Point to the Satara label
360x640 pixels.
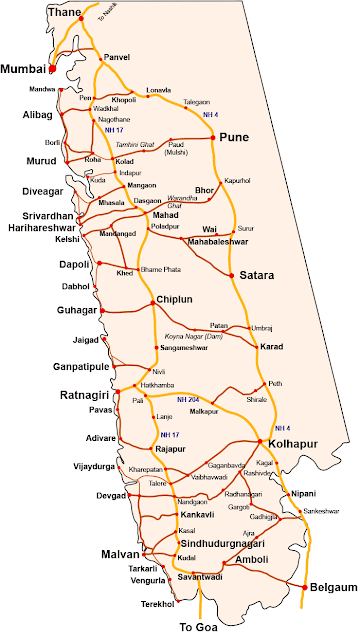pos(255,275)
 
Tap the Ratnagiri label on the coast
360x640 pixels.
pos(83,392)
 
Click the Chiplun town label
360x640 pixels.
pos(171,301)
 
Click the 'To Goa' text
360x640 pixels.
pos(198,626)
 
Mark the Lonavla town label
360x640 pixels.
pos(159,89)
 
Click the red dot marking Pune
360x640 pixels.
pos(215,140)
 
